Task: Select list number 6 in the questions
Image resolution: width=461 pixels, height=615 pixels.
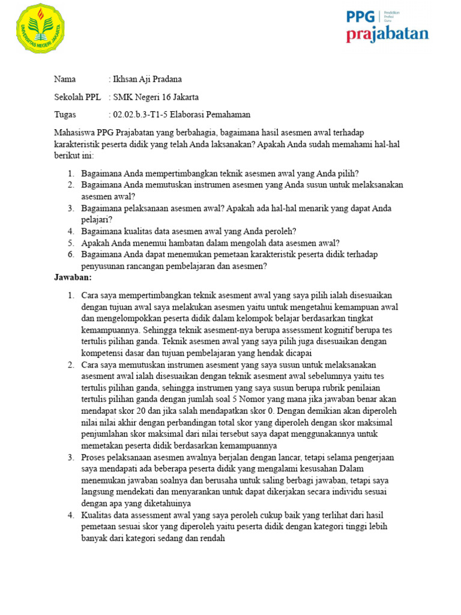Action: (70, 255)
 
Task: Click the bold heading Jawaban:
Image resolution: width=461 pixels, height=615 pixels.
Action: (73, 278)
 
